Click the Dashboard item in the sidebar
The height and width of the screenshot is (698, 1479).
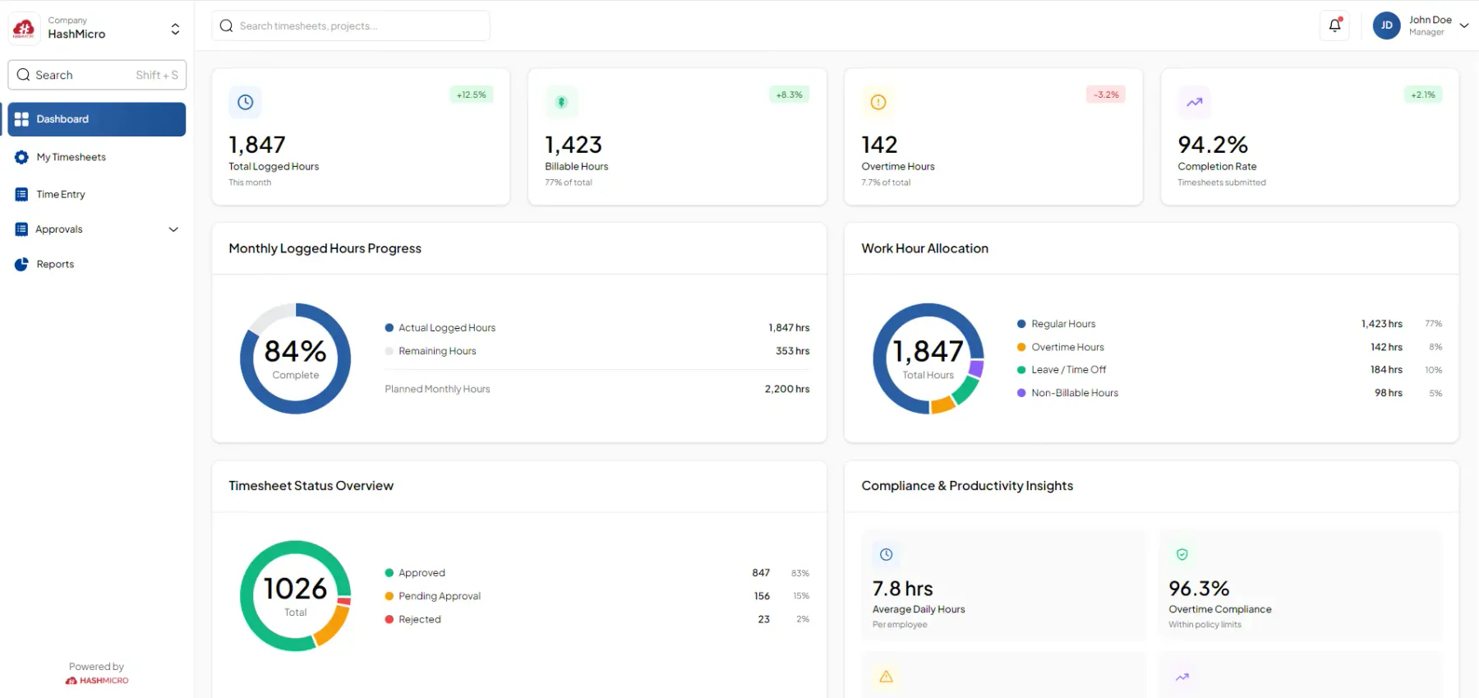pyautogui.click(x=96, y=119)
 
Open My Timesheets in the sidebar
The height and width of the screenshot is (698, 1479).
pyautogui.click(x=71, y=157)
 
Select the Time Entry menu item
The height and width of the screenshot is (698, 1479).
pyautogui.click(x=60, y=194)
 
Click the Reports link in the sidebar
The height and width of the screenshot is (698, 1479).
pyautogui.click(x=55, y=264)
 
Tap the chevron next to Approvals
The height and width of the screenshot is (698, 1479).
pyautogui.click(x=173, y=229)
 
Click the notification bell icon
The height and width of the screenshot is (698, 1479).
pyautogui.click(x=1335, y=25)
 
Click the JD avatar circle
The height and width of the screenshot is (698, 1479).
pyautogui.click(x=1386, y=25)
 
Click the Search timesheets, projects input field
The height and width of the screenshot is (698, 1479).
pyautogui.click(x=351, y=25)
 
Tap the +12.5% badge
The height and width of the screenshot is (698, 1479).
pyautogui.click(x=472, y=95)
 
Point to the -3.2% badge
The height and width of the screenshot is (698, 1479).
pyautogui.click(x=1106, y=95)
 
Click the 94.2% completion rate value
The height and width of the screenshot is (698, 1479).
pyautogui.click(x=1213, y=145)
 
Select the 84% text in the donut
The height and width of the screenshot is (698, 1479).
pyautogui.click(x=296, y=351)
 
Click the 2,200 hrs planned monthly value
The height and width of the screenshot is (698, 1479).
pyautogui.click(x=787, y=389)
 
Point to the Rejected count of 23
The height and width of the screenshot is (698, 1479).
pyautogui.click(x=764, y=619)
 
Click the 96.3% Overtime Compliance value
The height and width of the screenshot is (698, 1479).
pyautogui.click(x=1199, y=589)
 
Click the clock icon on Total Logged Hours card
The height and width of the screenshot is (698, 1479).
pyautogui.click(x=245, y=102)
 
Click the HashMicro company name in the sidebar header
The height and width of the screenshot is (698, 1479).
pyautogui.click(x=76, y=34)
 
